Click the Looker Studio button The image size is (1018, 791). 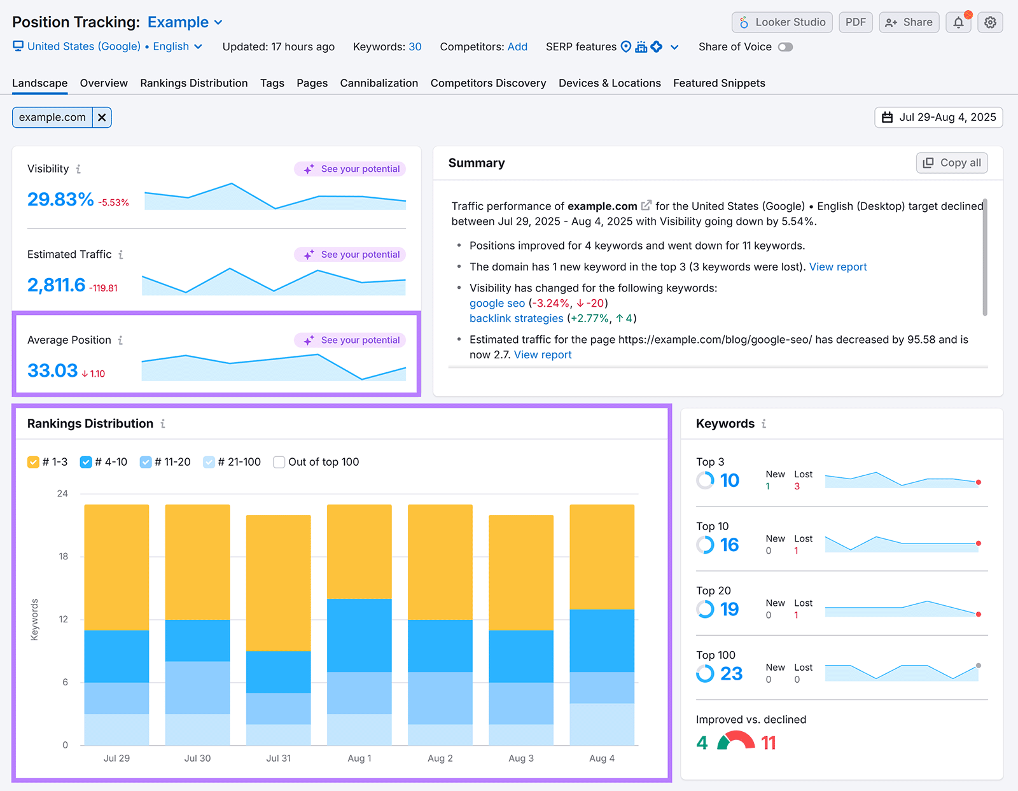pyautogui.click(x=782, y=22)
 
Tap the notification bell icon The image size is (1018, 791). pyautogui.click(x=958, y=22)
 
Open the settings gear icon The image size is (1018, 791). pyautogui.click(x=990, y=22)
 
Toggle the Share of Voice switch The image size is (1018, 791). pyautogui.click(x=785, y=47)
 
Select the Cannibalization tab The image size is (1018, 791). pyautogui.click(x=379, y=83)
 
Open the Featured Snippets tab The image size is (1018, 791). pyautogui.click(x=719, y=83)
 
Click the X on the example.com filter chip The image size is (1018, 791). pyautogui.click(x=102, y=118)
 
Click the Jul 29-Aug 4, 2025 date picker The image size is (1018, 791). pyautogui.click(x=938, y=118)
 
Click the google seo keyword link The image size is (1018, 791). pyautogui.click(x=497, y=304)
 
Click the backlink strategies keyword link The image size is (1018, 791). pyautogui.click(x=516, y=319)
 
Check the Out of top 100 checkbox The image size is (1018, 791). pyautogui.click(x=279, y=462)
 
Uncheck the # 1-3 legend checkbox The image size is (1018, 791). pyautogui.click(x=33, y=462)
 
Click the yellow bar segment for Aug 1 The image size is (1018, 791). pyautogui.click(x=359, y=551)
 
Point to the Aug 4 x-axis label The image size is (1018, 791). pyautogui.click(x=601, y=759)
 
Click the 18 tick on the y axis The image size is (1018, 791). pyautogui.click(x=63, y=557)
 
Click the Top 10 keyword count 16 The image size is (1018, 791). pyautogui.click(x=729, y=545)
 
